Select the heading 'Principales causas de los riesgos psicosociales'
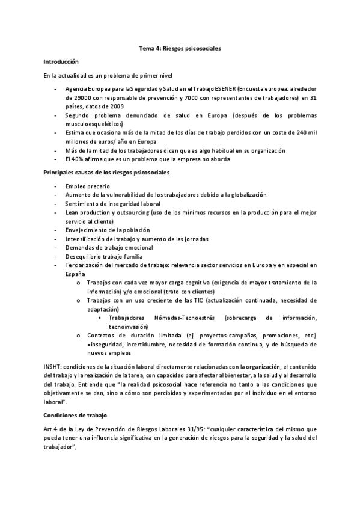pyautogui.click(x=106, y=173)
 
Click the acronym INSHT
pyautogui.click(x=52, y=366)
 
